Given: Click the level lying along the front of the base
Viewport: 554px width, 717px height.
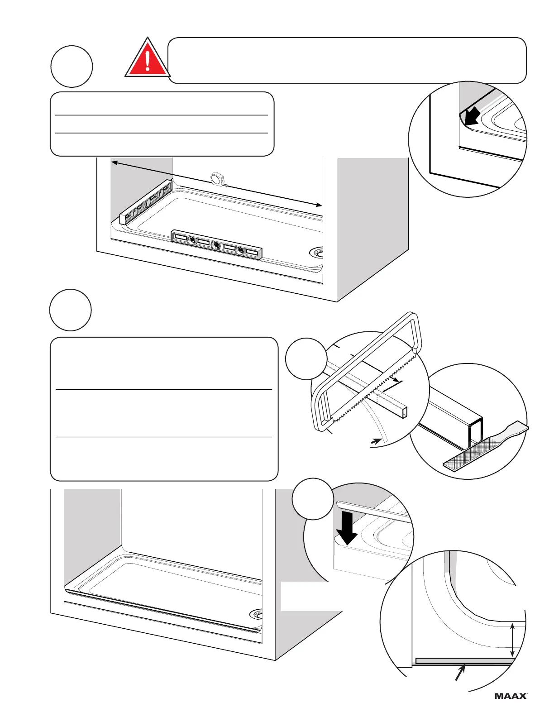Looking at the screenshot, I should tap(216, 244).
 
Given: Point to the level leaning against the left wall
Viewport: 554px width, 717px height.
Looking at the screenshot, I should tap(146, 202).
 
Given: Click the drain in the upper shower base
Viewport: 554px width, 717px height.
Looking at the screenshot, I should tap(317, 252).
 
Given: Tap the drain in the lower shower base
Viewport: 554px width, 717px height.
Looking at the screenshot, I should tap(257, 614).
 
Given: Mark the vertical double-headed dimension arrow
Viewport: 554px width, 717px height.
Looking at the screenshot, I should tap(512, 640).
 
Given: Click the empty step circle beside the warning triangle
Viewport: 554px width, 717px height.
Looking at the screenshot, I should tap(72, 66).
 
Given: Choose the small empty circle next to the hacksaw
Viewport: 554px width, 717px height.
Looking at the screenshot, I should tap(306, 358).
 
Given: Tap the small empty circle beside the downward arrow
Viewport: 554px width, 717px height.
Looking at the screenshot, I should tap(312, 499).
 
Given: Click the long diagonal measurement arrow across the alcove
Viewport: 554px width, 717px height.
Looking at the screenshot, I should tap(217, 184).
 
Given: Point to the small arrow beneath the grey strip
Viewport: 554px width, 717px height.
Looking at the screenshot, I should tap(460, 672).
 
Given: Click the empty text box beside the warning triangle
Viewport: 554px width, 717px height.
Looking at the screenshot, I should tap(347, 61).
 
